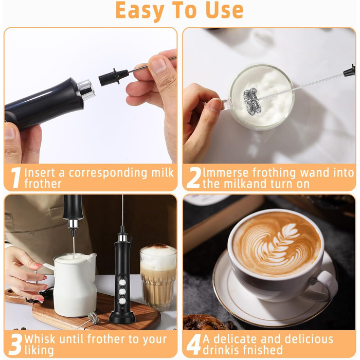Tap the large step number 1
point(16,177)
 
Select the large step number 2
point(193,177)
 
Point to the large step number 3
point(15,345)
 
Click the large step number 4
point(193,345)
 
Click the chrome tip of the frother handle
point(86,90)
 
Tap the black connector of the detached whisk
point(114,77)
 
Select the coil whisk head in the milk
point(253,101)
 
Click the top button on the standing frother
point(122,282)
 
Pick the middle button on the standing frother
point(122,292)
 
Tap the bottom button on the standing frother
point(122,301)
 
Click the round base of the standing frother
point(122,317)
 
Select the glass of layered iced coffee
point(158,277)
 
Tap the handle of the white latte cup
point(322,286)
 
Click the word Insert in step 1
point(40,173)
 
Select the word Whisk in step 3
point(40,339)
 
